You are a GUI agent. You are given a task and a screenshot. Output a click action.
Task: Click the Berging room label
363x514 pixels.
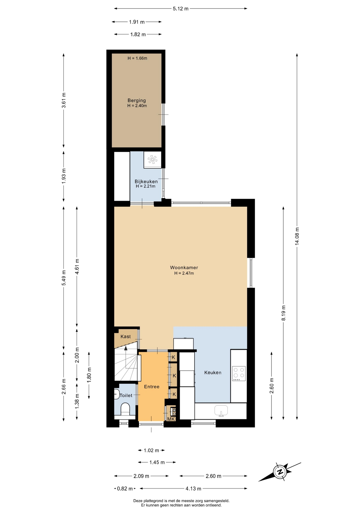click(x=137, y=100)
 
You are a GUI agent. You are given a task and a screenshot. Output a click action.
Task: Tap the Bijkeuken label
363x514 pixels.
click(x=146, y=181)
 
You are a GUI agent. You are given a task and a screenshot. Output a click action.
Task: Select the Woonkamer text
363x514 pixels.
click(x=184, y=267)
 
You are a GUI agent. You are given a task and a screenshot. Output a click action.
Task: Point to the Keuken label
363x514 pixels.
click(x=213, y=372)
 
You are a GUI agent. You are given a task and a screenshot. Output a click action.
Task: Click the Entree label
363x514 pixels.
click(x=152, y=387)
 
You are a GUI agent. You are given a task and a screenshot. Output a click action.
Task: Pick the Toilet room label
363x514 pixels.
click(x=126, y=395)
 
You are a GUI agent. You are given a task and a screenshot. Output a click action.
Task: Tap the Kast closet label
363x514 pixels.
click(x=126, y=337)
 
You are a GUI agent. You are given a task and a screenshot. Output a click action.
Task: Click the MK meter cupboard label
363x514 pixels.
click(x=171, y=419)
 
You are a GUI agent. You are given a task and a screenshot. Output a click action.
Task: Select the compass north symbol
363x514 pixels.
click(x=280, y=472)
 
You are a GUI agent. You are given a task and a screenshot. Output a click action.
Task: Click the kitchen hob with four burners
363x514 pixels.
click(x=239, y=374)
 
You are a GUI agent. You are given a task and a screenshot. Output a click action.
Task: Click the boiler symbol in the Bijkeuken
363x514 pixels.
click(x=152, y=160)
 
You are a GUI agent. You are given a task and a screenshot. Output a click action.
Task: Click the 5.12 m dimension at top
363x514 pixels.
click(x=180, y=9)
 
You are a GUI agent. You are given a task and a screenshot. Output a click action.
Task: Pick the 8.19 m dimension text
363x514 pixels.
click(x=283, y=313)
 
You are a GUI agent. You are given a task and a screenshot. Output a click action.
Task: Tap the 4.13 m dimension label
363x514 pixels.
click(x=193, y=489)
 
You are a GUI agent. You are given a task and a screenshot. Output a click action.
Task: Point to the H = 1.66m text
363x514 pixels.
click(x=137, y=58)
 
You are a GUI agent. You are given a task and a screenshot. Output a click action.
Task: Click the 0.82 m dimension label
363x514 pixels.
click(x=125, y=489)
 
